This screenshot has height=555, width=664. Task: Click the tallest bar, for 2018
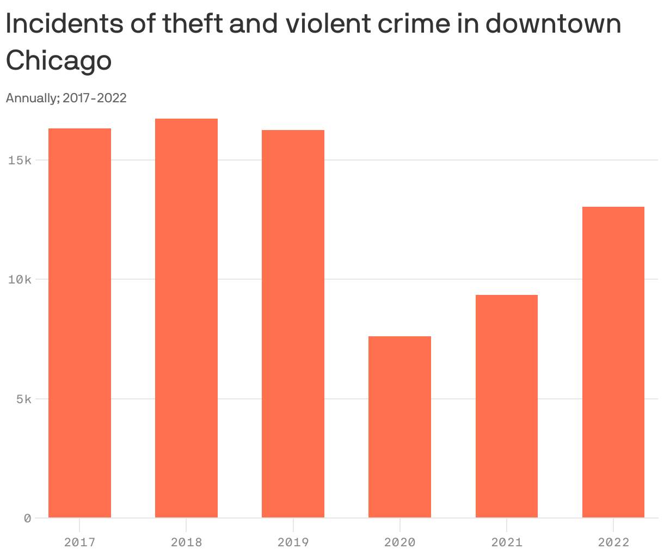[x=186, y=318]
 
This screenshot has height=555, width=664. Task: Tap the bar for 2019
[x=293, y=324]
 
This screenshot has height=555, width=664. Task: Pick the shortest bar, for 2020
[x=399, y=427]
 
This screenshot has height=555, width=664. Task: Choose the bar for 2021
[x=506, y=406]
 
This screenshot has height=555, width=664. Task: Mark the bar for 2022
[x=613, y=362]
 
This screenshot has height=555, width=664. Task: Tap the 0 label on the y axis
[x=27, y=518]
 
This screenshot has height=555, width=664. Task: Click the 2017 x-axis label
[x=79, y=542]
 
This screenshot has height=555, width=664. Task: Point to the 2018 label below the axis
[x=186, y=542]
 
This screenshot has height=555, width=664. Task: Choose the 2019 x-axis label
[x=293, y=542]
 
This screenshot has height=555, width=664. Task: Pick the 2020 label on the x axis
[x=399, y=542]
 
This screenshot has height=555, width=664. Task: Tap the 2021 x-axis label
[x=506, y=542]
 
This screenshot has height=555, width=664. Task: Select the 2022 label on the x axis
[x=613, y=542]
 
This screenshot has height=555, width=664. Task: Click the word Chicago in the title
[x=59, y=60]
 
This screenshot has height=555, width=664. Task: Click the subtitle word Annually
[x=32, y=98]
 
